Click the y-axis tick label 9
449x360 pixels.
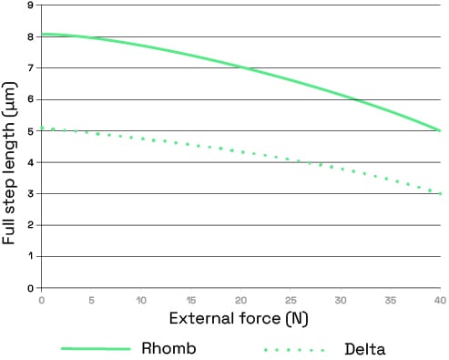click(31, 5)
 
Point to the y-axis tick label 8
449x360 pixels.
click(31, 37)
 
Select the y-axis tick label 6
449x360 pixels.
click(31, 99)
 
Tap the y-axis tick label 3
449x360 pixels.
click(31, 194)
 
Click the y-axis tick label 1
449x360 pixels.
click(31, 256)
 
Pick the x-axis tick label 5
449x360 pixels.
click(91, 299)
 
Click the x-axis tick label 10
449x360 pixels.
click(141, 299)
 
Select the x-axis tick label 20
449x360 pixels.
click(241, 299)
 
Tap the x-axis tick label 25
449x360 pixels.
click(291, 299)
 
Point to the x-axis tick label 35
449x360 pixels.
click(391, 299)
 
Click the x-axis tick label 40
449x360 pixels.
click(439, 299)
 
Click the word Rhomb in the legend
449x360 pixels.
click(168, 348)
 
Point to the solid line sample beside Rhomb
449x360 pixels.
click(95, 349)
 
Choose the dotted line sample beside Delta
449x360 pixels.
click(293, 349)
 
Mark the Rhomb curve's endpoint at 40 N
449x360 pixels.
click(441, 130)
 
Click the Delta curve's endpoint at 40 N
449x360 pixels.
click(441, 193)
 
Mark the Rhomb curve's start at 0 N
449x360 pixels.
click(42, 34)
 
